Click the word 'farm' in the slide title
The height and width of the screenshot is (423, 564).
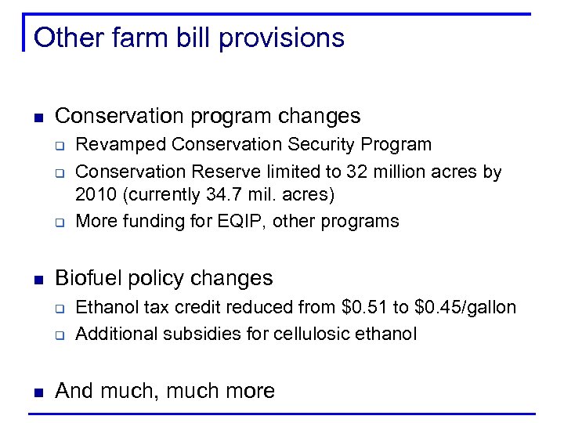click(x=141, y=38)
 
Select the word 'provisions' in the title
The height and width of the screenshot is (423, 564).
click(x=284, y=38)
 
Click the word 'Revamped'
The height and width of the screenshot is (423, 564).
click(x=121, y=145)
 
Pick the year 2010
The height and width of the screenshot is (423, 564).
click(x=94, y=193)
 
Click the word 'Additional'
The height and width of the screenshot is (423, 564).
click(x=116, y=334)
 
